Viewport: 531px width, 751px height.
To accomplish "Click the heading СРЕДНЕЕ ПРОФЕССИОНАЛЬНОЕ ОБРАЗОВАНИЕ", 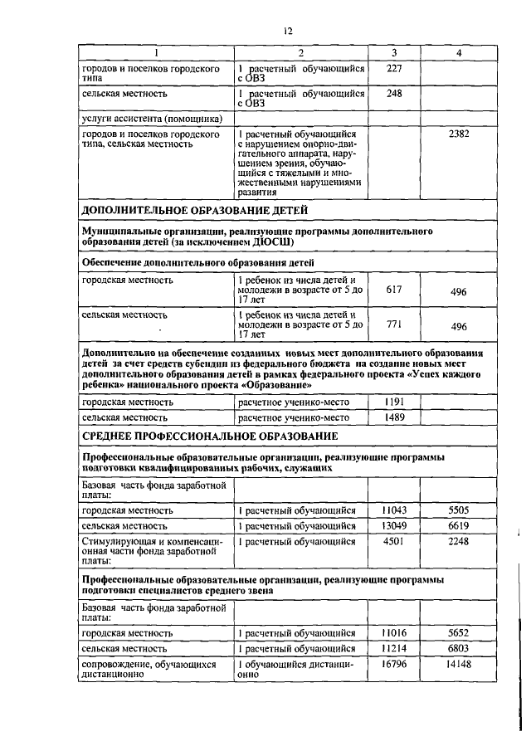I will [x=208, y=436].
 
